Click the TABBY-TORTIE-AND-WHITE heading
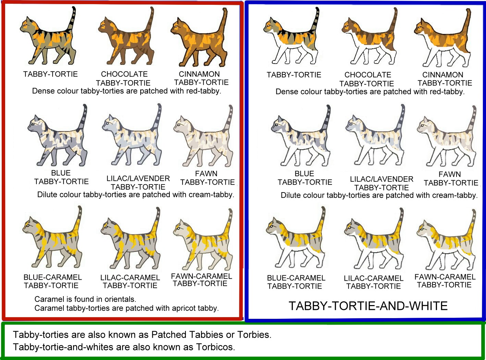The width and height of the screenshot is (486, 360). [368, 306]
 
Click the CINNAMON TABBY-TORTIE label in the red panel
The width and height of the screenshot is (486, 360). [201, 78]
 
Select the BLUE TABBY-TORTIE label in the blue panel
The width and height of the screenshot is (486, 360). [305, 178]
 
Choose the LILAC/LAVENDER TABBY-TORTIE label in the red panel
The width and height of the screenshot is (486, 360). [138, 183]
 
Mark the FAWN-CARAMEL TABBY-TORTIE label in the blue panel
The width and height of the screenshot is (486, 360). [445, 281]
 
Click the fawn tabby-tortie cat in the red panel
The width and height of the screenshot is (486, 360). [203, 136]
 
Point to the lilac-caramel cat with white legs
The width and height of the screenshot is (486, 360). [374, 239]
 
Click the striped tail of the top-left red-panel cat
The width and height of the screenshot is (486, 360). [72, 19]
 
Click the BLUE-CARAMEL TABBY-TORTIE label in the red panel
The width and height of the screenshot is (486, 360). [52, 281]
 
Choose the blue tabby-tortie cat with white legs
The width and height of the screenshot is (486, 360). [301, 136]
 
